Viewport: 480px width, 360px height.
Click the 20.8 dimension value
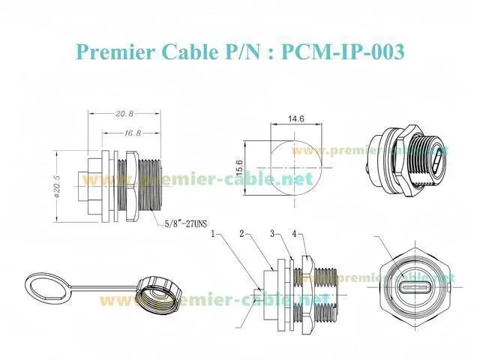[x=124, y=113]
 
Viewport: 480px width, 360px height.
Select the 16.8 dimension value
[x=133, y=133]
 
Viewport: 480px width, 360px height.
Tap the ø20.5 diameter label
[x=57, y=186]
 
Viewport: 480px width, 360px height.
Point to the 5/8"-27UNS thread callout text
[x=186, y=223]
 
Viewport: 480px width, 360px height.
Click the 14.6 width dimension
[x=296, y=118]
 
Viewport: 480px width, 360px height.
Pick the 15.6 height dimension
[x=239, y=167]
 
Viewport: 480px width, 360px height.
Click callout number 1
[x=213, y=234]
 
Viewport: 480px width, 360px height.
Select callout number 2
[x=241, y=234]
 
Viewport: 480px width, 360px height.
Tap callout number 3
[x=272, y=234]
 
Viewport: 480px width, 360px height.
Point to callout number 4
[x=294, y=234]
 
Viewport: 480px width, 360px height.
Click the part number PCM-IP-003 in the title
[x=343, y=52]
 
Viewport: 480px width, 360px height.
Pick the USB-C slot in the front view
[x=413, y=287]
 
